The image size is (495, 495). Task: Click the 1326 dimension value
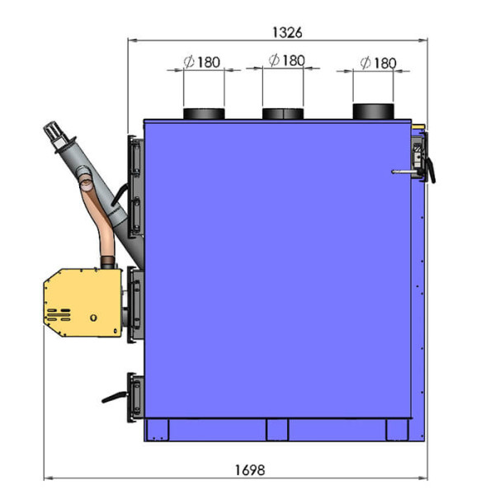[287, 32]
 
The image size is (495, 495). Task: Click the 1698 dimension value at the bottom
[250, 470]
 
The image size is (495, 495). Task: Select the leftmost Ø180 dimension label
[202, 62]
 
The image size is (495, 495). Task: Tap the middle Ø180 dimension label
[286, 60]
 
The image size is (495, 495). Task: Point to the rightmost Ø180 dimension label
[378, 63]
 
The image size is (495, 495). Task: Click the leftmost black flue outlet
[204, 114]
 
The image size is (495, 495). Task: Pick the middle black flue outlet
[283, 114]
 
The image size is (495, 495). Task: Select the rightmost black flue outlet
[373, 111]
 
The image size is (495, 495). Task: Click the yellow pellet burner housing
[82, 303]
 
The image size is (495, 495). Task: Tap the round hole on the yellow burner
[93, 318]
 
